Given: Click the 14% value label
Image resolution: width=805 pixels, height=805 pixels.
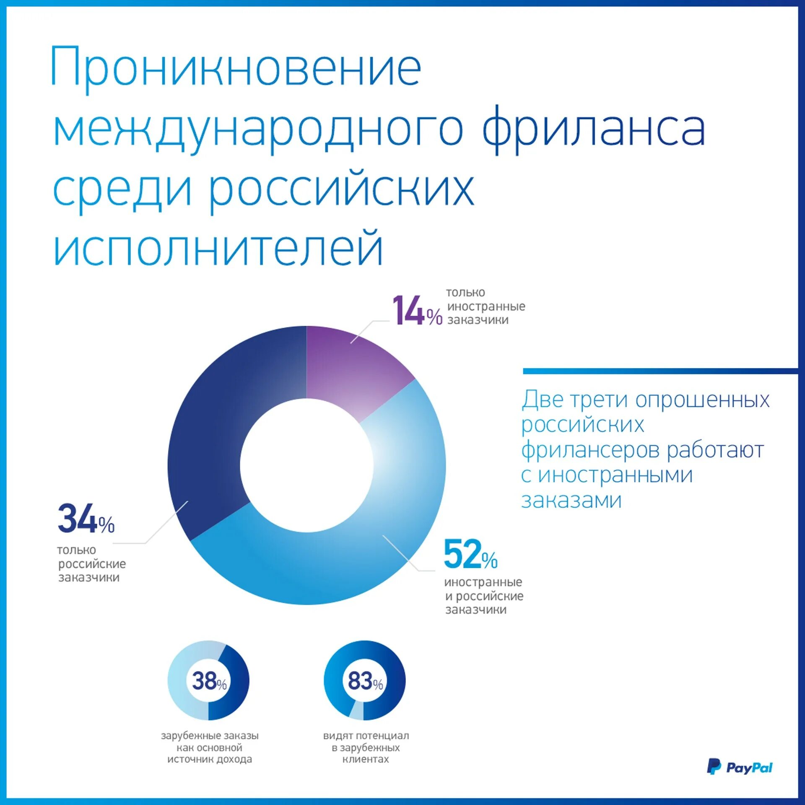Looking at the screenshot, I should (x=417, y=311).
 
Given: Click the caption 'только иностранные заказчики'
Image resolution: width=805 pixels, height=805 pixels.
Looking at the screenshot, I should (x=486, y=306).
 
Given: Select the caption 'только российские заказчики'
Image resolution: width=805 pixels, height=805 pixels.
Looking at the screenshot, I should (x=91, y=563).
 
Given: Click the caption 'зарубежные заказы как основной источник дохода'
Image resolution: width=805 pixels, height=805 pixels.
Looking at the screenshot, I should (x=210, y=747).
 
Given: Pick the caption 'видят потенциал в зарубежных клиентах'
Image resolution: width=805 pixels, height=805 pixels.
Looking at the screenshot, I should (x=366, y=747).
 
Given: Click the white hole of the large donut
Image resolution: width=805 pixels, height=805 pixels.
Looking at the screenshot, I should (x=306, y=465).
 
